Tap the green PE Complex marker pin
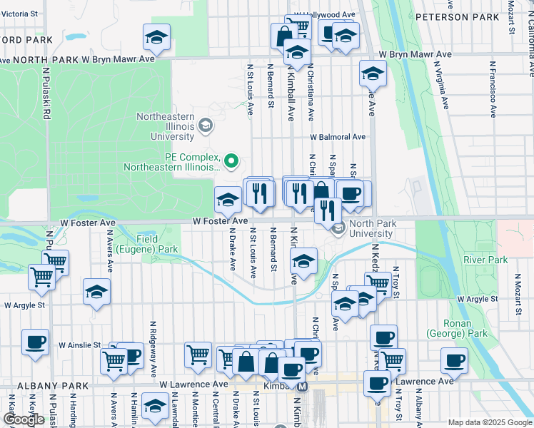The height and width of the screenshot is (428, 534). click(231, 162)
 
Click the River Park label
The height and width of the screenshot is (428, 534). click(485, 260)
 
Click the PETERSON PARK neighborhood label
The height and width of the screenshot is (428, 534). click(467, 16)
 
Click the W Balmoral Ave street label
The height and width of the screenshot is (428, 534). click(337, 137)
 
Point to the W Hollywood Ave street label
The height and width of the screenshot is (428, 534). click(330, 14)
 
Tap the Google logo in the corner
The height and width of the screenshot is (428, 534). click(24, 419)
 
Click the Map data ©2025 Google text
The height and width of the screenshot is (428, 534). click(490, 422)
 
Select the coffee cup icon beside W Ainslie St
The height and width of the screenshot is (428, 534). click(35, 341)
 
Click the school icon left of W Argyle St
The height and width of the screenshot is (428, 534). click(96, 292)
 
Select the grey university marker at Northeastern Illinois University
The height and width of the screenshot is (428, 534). click(206, 127)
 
